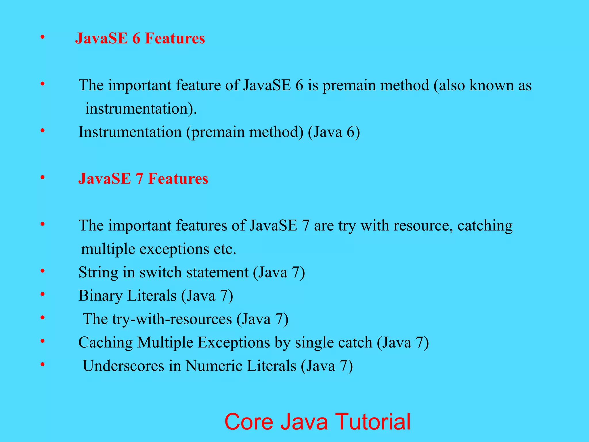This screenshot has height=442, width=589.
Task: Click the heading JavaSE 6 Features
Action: pos(140,38)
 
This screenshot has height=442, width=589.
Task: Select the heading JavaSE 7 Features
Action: pos(143,179)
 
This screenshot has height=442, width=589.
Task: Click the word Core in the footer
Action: pos(248,422)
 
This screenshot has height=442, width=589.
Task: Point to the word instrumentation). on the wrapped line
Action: pos(141,109)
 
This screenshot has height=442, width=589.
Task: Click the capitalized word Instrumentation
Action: pos(130,132)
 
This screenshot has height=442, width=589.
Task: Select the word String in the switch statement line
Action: pos(98,273)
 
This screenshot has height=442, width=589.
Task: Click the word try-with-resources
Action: pos(172,319)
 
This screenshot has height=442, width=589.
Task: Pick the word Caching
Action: pos(105,342)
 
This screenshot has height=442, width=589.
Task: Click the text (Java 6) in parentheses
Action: pos(334,132)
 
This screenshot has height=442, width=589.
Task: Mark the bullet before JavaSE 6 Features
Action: pos(43,37)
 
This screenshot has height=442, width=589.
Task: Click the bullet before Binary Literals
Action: pos(43,294)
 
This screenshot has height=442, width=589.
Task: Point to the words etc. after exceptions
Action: pos(225,249)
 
